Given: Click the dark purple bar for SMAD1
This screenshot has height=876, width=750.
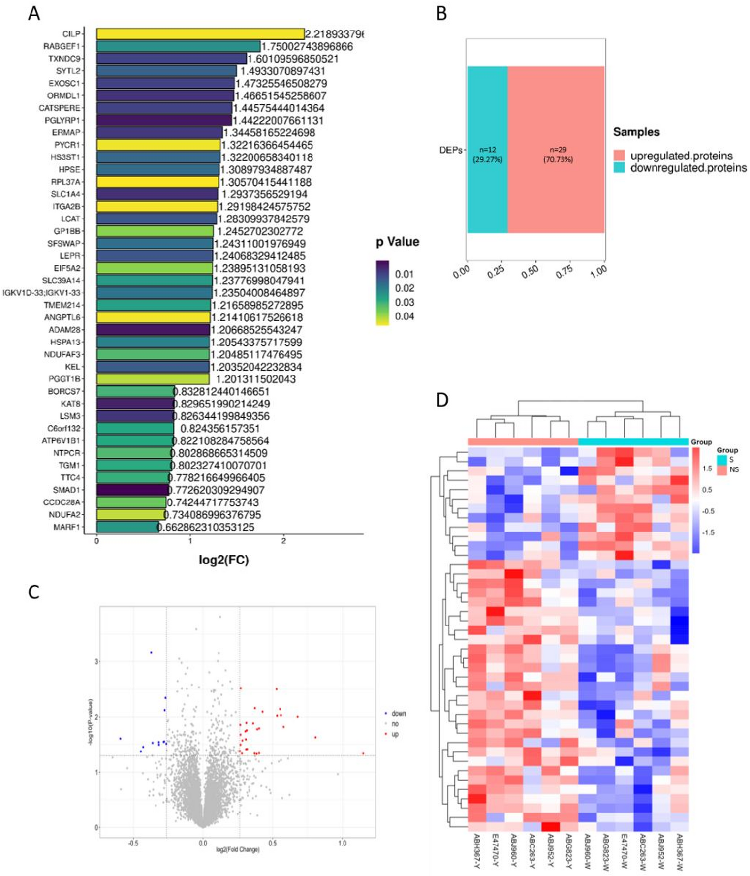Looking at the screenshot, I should pyautogui.click(x=132, y=490).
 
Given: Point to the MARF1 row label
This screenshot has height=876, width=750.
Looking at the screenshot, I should pyautogui.click(x=67, y=527).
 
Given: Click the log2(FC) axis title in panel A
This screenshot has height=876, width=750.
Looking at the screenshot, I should pyautogui.click(x=223, y=560).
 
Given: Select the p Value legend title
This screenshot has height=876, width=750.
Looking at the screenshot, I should pyautogui.click(x=397, y=242).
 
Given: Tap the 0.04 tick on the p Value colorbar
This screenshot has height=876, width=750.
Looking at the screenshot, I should pyautogui.click(x=404, y=316).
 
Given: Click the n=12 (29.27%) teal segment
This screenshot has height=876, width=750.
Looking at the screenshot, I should pyautogui.click(x=487, y=150).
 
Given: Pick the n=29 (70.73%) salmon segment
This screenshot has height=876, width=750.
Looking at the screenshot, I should pyautogui.click(x=556, y=150).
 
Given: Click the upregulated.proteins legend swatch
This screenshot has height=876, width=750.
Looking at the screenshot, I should pyautogui.click(x=619, y=156).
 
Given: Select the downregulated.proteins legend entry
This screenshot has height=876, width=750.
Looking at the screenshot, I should pyautogui.click(x=688, y=168).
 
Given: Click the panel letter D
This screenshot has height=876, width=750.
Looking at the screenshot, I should pyautogui.click(x=442, y=400).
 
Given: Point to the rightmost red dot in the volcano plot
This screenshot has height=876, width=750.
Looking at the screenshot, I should pyautogui.click(x=363, y=753).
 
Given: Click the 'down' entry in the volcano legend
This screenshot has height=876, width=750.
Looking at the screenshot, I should pyautogui.click(x=398, y=713).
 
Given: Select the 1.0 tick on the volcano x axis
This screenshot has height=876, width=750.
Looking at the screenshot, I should pyautogui.click(x=342, y=844).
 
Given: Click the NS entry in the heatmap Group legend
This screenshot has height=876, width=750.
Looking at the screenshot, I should pyautogui.click(x=733, y=469).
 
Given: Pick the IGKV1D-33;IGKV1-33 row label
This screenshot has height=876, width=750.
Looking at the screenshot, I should pyautogui.click(x=41, y=293).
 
